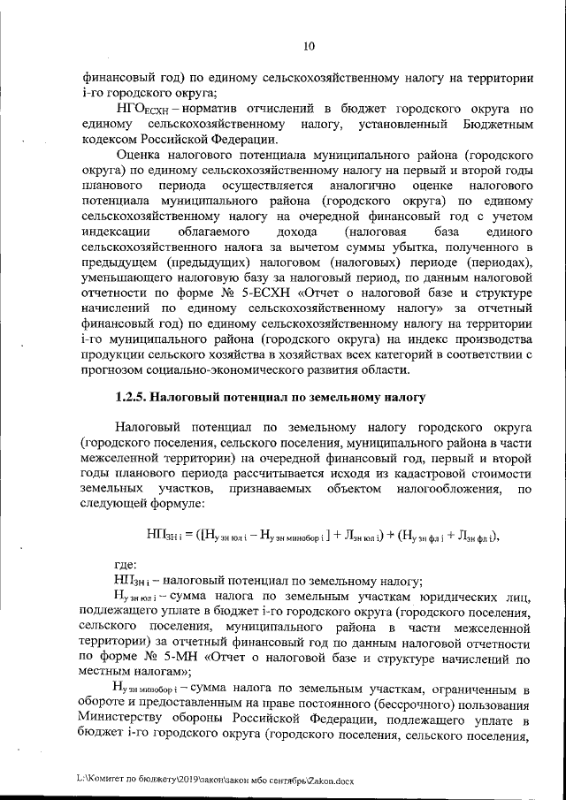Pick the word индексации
[x=115, y=232]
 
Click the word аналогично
[x=361, y=186]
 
